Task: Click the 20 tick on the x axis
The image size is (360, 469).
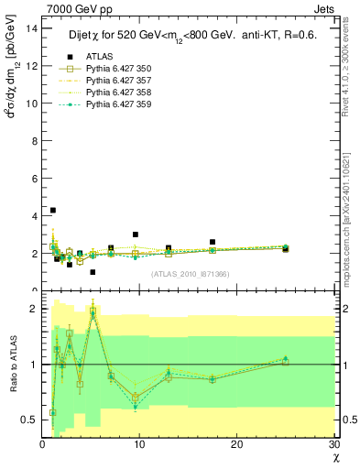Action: tap(237, 444)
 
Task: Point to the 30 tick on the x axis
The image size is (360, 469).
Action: tap(334, 444)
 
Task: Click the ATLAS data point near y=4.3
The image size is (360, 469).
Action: tap(53, 210)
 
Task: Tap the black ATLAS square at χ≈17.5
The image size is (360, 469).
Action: tap(213, 242)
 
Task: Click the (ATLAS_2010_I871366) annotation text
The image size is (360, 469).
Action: tap(189, 274)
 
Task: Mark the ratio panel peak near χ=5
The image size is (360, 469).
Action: tap(93, 313)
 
